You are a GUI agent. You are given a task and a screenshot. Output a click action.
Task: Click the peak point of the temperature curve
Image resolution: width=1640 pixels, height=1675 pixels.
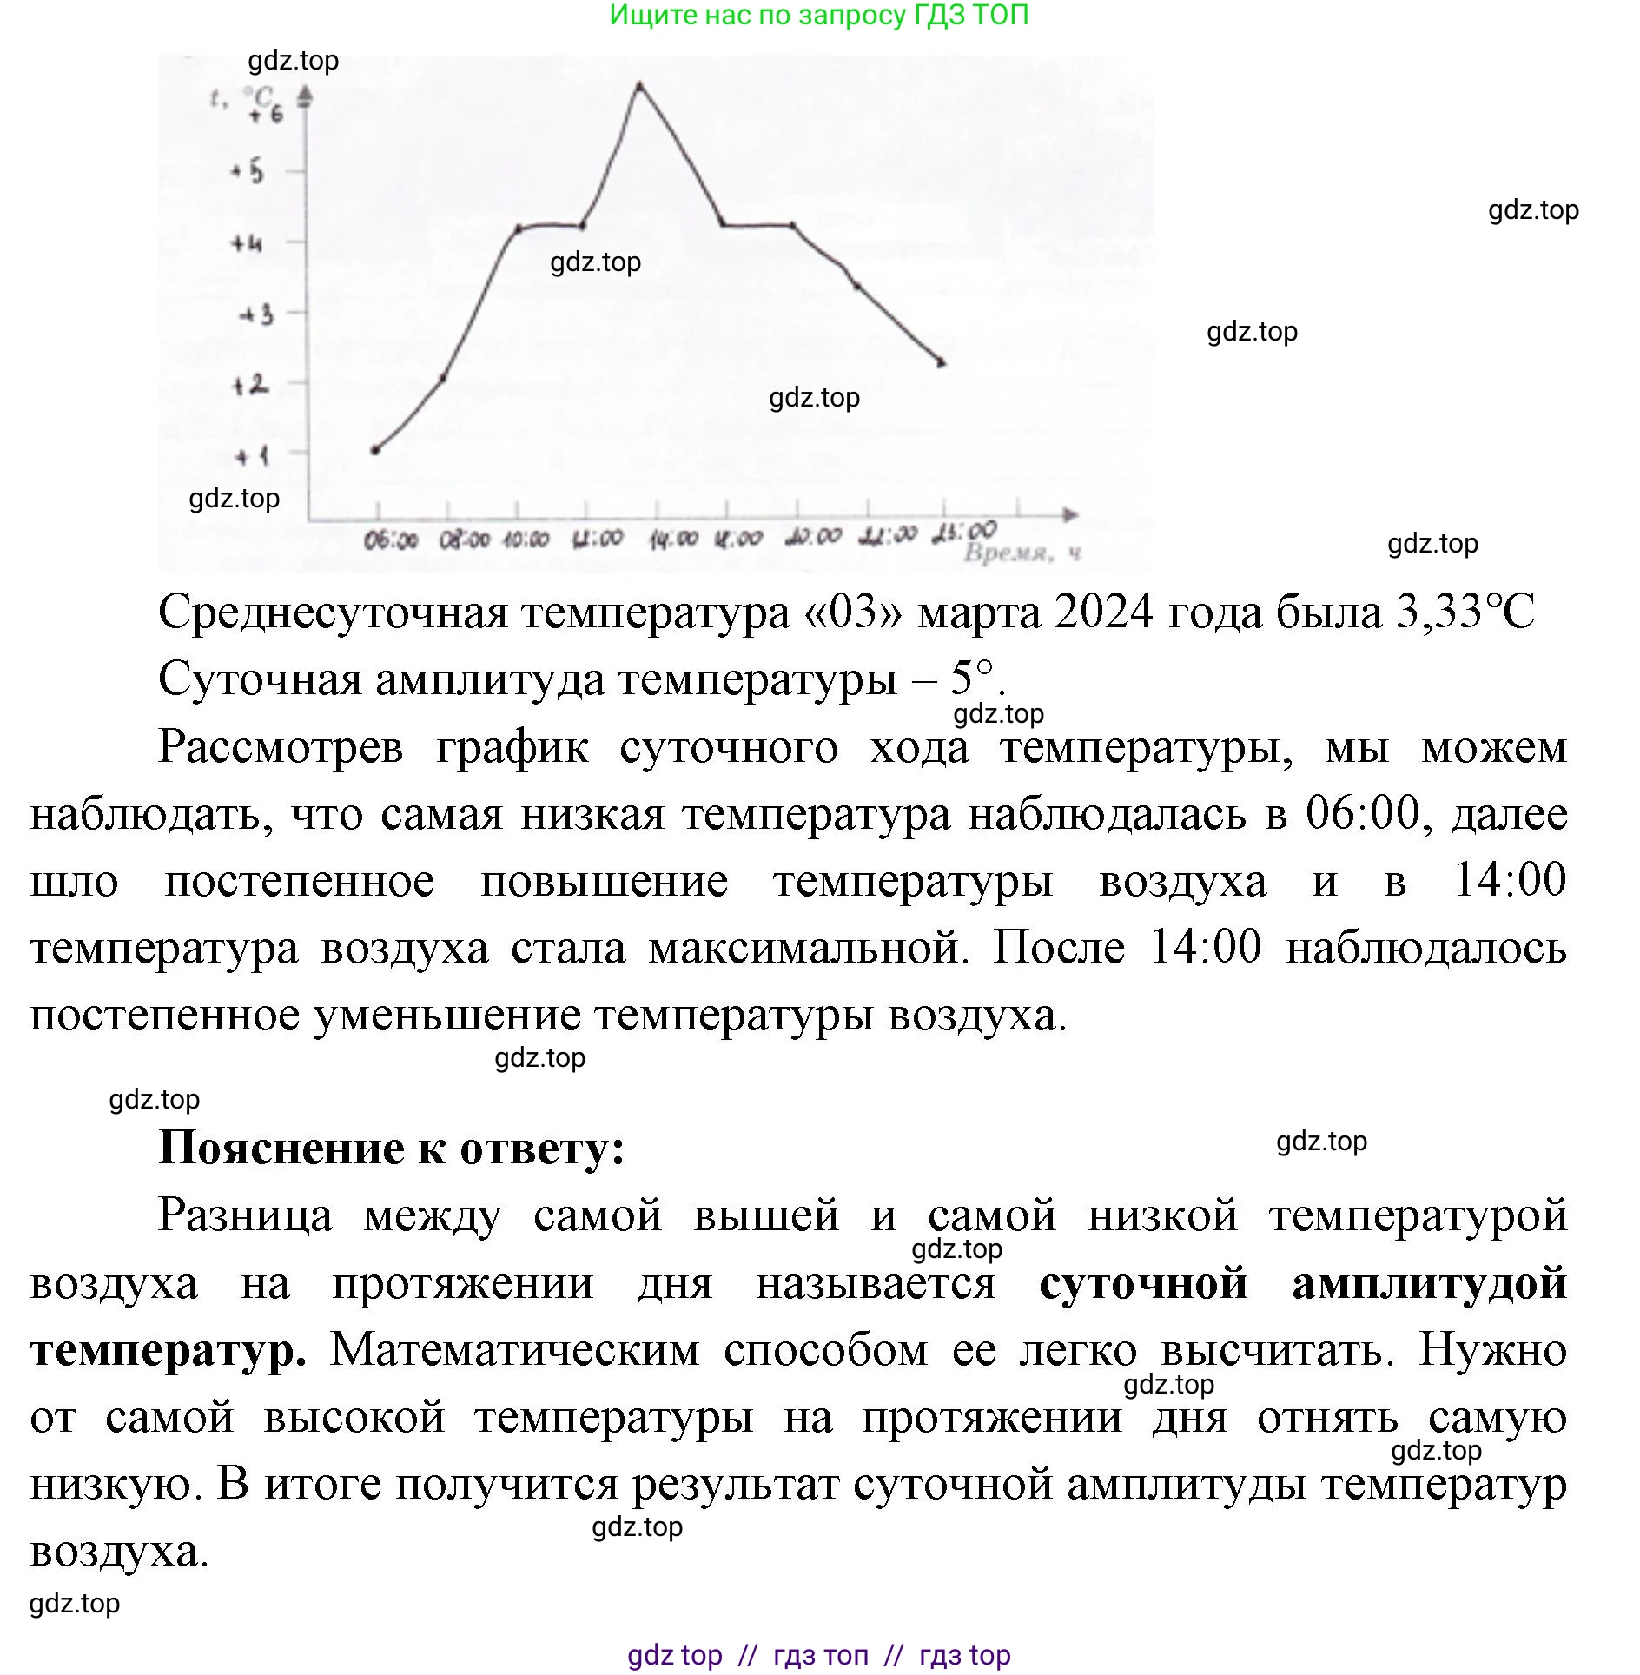[640, 85]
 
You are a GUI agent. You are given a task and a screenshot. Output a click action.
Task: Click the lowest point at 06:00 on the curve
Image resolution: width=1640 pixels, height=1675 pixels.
[375, 450]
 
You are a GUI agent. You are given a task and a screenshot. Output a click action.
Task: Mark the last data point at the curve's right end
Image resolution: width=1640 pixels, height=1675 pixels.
[942, 363]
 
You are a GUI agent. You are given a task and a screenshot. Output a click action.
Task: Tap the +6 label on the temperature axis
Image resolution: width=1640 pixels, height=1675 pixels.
[266, 114]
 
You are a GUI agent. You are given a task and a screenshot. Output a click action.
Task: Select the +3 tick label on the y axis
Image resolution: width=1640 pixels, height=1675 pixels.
[257, 314]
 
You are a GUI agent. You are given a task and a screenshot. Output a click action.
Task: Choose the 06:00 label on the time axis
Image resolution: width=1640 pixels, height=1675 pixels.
[390, 541]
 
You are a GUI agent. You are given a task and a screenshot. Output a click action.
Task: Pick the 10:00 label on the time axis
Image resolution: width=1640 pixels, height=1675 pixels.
[526, 540]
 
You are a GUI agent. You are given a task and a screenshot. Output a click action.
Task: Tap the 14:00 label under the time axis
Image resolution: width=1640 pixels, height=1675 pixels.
[673, 540]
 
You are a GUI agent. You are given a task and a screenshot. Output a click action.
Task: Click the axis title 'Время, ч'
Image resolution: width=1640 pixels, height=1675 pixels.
[1022, 553]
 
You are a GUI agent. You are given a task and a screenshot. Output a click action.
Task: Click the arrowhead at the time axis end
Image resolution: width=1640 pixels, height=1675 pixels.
[1072, 515]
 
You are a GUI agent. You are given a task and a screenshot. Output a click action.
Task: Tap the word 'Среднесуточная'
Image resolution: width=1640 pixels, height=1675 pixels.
[333, 612]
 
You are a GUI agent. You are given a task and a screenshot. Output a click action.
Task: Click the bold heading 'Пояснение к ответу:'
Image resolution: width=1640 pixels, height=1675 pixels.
[392, 1149]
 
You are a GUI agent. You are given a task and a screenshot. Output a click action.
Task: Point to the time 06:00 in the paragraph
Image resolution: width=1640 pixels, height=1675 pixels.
[1362, 814]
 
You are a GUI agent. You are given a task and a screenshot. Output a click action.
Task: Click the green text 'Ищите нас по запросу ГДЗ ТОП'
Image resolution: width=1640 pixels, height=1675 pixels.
[819, 15]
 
